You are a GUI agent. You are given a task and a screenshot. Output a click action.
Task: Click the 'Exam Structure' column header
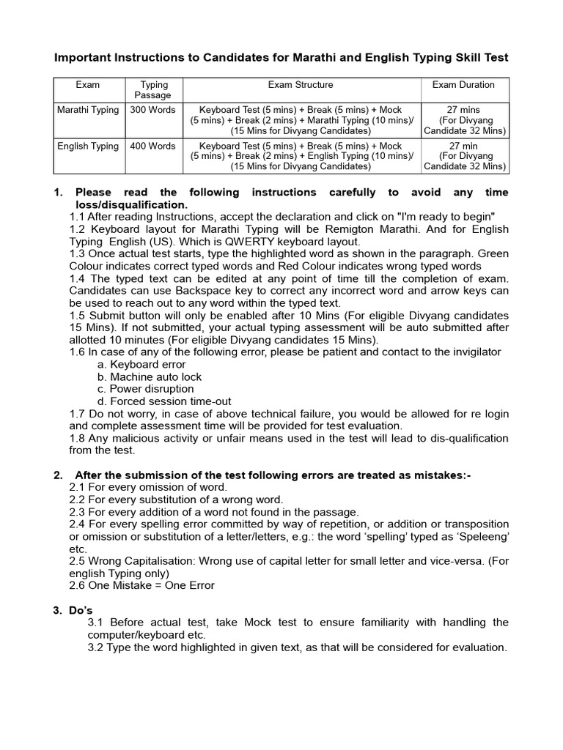301,85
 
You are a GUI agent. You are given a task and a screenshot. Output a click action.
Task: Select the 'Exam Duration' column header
463,85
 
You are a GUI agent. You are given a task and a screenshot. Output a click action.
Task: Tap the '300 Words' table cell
152,110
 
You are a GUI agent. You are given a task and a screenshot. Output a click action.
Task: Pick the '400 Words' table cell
152,146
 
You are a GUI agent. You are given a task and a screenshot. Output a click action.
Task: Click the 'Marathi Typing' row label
88,110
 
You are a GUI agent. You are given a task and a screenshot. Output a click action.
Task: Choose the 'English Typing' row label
88,146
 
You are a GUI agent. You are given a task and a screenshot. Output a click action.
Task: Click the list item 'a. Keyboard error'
141,365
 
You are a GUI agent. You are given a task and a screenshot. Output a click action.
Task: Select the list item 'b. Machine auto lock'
150,377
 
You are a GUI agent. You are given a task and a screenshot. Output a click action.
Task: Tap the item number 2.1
78,488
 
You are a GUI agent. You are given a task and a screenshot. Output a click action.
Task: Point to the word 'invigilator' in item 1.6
473,352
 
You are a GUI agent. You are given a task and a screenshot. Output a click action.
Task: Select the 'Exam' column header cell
88,85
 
